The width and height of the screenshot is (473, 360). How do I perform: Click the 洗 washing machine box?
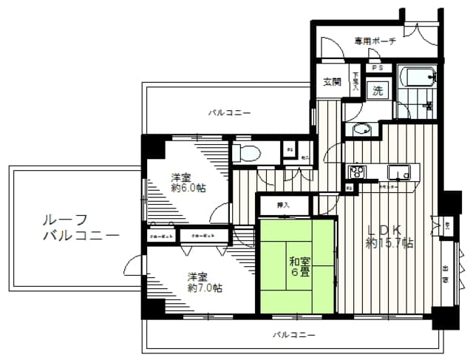378,92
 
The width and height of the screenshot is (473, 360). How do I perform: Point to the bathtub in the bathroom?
418,76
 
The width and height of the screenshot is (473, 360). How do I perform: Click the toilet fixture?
247,153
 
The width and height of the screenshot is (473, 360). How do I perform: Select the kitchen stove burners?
357,173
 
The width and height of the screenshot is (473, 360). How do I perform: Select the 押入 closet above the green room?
283,204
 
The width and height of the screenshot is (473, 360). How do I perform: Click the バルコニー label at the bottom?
293,335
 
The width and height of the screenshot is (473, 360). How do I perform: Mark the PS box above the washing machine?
378,69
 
